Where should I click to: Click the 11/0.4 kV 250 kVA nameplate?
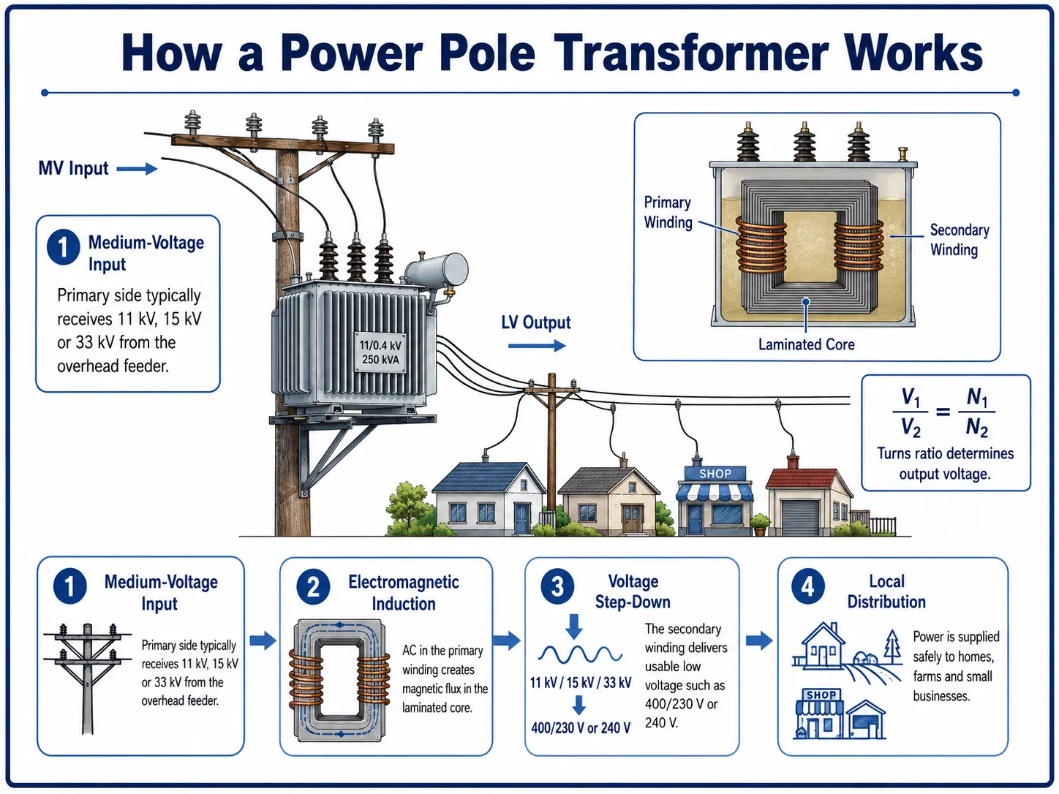point(380,352)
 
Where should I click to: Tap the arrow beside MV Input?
point(137,169)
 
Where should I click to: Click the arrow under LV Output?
point(537,345)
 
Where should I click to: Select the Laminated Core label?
point(806,344)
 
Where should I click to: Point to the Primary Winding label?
point(668,212)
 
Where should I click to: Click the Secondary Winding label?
point(959,240)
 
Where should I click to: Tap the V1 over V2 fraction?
point(911,412)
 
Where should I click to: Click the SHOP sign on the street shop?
point(715,474)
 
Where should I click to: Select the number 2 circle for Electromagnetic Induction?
point(313,587)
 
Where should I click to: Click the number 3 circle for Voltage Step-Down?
point(557,586)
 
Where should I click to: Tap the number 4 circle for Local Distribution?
point(808,586)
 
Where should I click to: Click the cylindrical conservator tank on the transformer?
point(437,269)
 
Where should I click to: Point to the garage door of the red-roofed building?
point(799,518)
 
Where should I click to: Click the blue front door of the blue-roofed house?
point(521,518)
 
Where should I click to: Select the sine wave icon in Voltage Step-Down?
point(580,654)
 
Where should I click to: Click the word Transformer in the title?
point(690,53)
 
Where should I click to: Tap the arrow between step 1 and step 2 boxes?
point(263,640)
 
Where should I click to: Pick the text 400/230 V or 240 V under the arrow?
point(581,728)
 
